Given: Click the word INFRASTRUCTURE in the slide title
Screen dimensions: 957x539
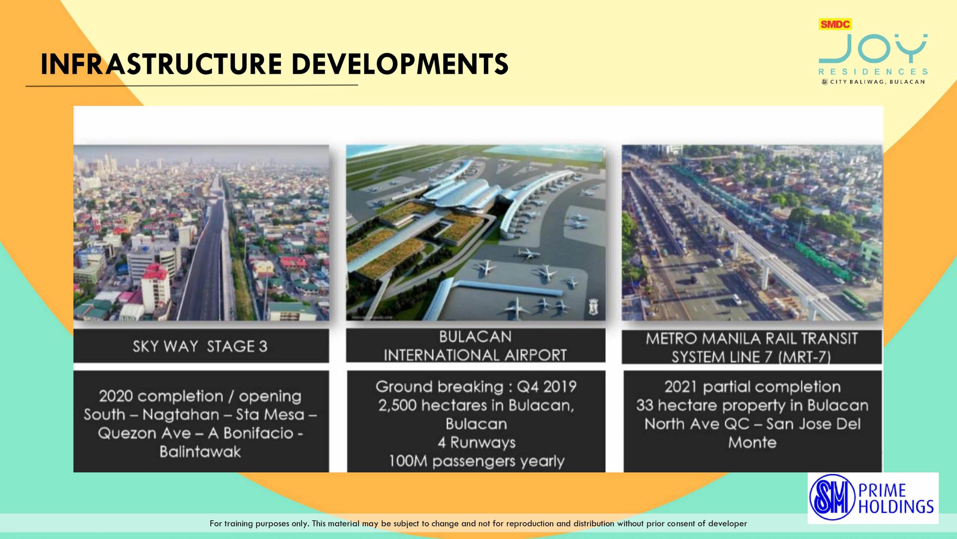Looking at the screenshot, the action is coord(161,64).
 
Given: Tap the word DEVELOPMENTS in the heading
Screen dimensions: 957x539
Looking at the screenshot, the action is coord(400,64).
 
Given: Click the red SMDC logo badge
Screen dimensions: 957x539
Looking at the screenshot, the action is coord(835,24).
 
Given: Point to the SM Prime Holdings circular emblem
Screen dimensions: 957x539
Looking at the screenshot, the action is coord(833,498).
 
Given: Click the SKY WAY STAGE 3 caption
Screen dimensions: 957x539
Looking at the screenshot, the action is coord(200,346).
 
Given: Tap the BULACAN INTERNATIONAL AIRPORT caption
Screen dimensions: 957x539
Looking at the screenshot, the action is coord(476,346).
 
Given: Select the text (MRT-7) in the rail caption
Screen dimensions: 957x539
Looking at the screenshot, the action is coord(804,357).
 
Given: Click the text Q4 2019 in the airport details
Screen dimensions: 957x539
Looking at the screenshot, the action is coord(547,386).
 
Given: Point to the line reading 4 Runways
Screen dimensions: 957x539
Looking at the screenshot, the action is coord(476,442).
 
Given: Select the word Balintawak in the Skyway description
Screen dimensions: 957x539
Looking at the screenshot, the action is coord(200,452).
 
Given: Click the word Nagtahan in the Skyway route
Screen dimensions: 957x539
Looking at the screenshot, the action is coord(181,415).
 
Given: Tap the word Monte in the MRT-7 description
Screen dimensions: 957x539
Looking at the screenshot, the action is coord(752,442).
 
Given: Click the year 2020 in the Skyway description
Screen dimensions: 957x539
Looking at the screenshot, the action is coord(116,396).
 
